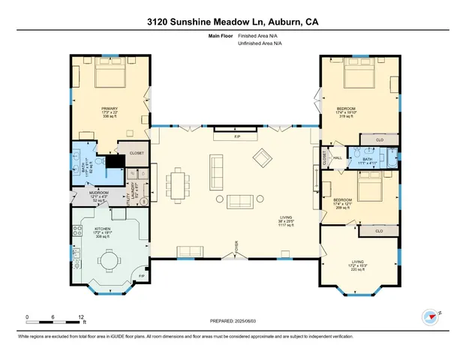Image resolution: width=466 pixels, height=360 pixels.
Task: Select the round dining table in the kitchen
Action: click(110, 262)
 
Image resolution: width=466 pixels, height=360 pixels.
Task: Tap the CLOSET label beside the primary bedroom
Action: click(136, 153)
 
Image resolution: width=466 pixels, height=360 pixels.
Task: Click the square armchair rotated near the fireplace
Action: click(263, 158)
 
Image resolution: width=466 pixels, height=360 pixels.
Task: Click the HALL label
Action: click(338, 157)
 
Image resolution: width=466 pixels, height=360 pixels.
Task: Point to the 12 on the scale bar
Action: click(80, 317)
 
